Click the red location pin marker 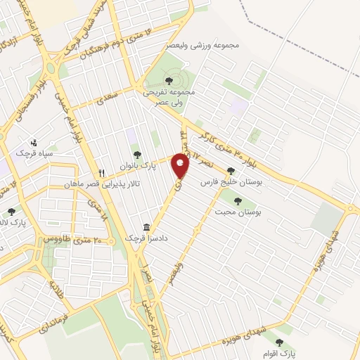coord(181,166)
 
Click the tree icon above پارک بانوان coord(137,155)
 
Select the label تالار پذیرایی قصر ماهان coord(129,183)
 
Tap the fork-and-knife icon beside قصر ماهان coord(102,172)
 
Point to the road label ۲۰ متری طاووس coord(75,239)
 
